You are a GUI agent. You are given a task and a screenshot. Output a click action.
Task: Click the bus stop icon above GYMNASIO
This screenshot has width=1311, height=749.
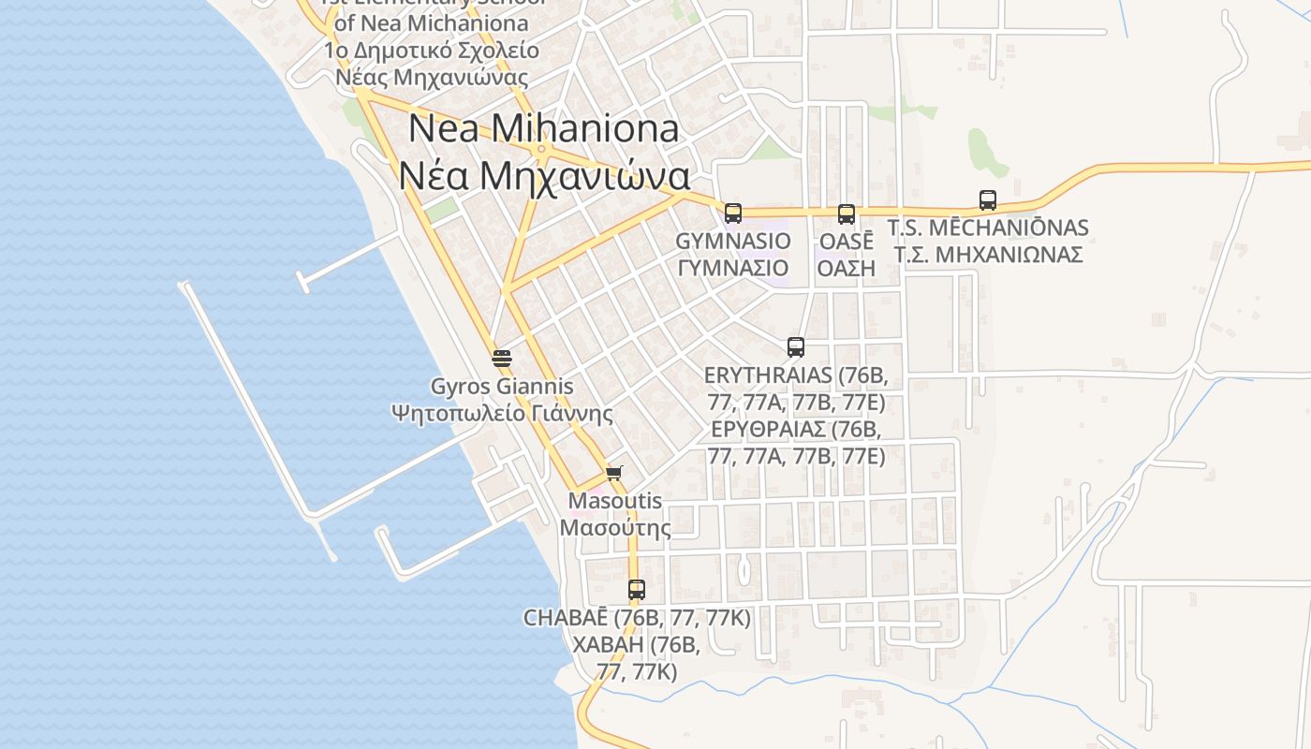[x=732, y=213]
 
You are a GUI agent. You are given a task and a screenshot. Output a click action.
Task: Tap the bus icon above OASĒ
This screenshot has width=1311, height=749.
[x=847, y=213]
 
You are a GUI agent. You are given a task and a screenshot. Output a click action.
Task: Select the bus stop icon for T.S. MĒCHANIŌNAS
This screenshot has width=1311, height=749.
[x=988, y=199]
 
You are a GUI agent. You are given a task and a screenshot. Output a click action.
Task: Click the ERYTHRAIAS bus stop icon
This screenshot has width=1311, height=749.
[x=796, y=347]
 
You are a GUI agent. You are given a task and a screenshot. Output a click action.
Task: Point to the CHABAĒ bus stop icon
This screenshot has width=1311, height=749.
[x=637, y=590]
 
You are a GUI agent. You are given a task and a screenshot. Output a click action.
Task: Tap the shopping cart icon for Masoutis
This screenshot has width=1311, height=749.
[x=614, y=473]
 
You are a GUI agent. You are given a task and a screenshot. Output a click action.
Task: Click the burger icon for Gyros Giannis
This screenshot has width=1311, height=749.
[x=502, y=358]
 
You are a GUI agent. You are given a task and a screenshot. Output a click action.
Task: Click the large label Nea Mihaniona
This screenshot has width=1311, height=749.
[x=544, y=129]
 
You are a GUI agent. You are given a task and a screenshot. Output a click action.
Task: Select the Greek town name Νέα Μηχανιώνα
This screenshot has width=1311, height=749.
[x=544, y=175]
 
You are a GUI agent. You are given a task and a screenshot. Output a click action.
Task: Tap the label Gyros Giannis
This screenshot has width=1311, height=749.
[x=502, y=386]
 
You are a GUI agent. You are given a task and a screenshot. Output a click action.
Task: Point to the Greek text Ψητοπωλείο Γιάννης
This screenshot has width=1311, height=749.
[x=502, y=413]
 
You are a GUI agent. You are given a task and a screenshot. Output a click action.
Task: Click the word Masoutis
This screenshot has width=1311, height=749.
[x=615, y=501]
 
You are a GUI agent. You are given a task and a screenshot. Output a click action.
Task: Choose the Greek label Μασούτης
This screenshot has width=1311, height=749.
[x=615, y=528]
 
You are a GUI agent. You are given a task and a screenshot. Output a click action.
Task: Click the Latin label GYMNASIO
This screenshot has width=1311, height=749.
[x=733, y=242]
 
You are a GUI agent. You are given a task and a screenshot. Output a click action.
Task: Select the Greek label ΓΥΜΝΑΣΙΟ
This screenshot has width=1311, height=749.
[x=733, y=269]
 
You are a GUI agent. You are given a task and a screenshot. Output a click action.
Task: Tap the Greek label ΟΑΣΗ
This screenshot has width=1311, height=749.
[x=847, y=269]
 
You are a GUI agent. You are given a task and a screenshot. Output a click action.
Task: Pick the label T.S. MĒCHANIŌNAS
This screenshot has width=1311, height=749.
[x=988, y=228]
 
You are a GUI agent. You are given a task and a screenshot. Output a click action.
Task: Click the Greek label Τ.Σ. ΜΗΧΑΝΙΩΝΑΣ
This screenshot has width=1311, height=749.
[x=988, y=255]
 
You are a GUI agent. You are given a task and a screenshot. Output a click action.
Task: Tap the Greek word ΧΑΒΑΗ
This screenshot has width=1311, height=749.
[x=608, y=645]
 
